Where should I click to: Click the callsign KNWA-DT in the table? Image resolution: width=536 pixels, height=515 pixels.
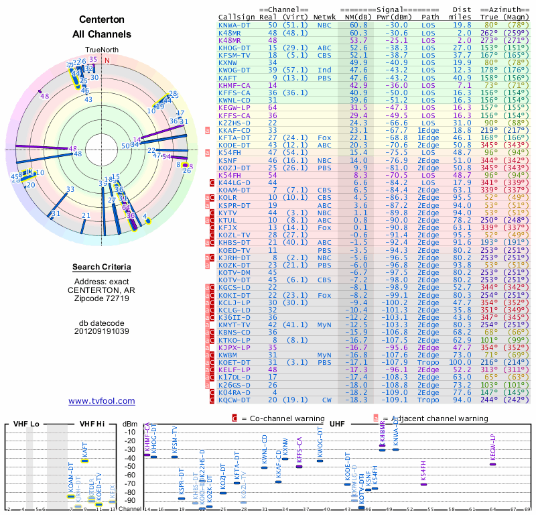click(x=235, y=25)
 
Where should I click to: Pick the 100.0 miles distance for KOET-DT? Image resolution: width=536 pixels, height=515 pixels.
click(x=462, y=363)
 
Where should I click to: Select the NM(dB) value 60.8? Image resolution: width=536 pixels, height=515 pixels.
click(x=358, y=25)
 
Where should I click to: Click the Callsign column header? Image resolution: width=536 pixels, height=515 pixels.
click(x=237, y=16)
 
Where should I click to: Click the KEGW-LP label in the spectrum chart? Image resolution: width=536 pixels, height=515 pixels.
click(x=492, y=447)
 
